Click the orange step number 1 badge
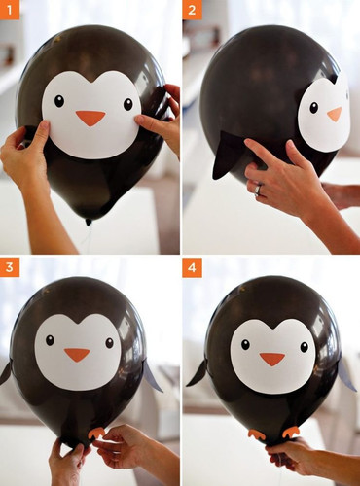pos(10,10)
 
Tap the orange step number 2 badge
pos(192,10)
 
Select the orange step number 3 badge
pos(10,267)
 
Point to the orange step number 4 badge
pos(192,267)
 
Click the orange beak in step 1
pos(90,118)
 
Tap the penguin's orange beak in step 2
pos(335,114)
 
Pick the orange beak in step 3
pos(77,355)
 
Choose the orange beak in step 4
pos(272,359)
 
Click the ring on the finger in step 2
pos(258,191)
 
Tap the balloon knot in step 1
pos(89,222)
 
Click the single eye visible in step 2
pos(313,108)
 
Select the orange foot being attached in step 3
pos(96,433)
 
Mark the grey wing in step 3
pos(152,376)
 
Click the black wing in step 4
pos(198,374)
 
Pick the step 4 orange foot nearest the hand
pos(291,433)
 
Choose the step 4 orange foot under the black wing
pos(257,434)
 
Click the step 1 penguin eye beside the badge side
pos(59,101)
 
